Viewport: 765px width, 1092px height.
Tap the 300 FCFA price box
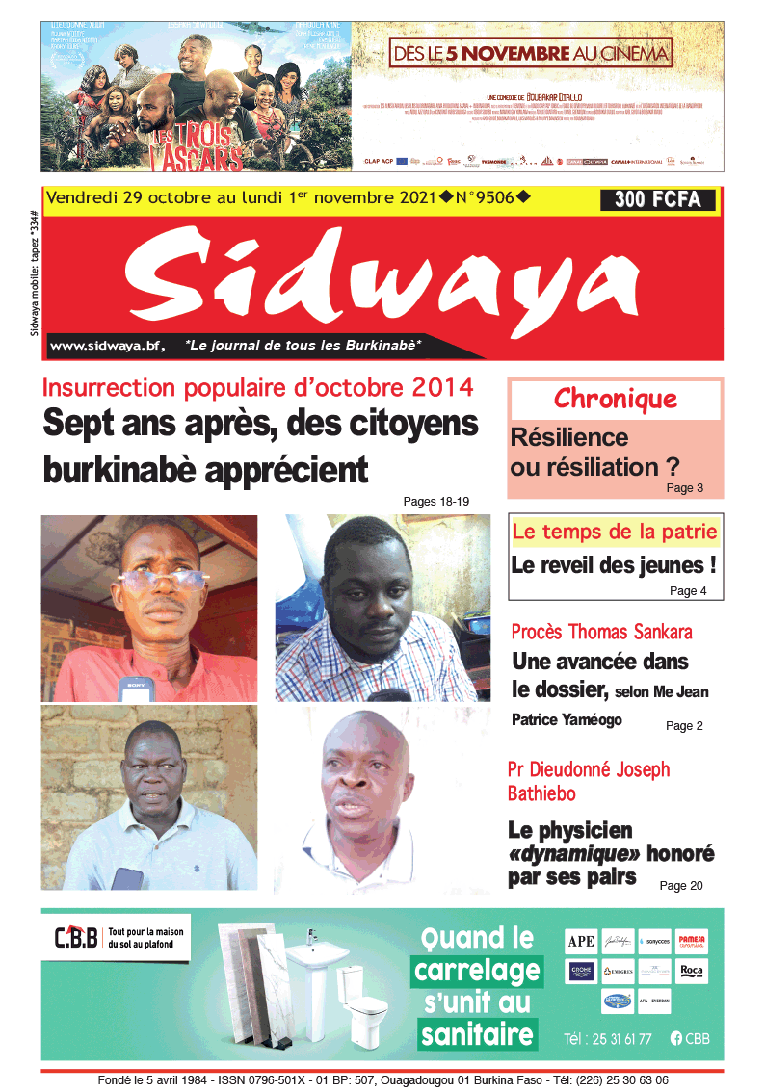click(658, 200)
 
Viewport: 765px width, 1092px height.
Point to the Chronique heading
click(615, 399)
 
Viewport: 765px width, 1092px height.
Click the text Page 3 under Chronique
click(684, 488)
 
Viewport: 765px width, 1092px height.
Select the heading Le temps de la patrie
click(615, 532)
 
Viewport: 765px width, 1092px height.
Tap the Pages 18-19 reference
click(435, 501)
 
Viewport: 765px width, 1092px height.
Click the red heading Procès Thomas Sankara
click(601, 632)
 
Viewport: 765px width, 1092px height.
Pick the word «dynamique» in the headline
click(574, 853)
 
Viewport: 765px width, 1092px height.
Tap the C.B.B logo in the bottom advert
click(76, 936)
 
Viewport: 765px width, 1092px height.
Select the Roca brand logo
click(692, 971)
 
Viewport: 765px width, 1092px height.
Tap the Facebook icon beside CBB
click(675, 1038)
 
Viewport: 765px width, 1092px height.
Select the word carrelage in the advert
click(477, 971)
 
